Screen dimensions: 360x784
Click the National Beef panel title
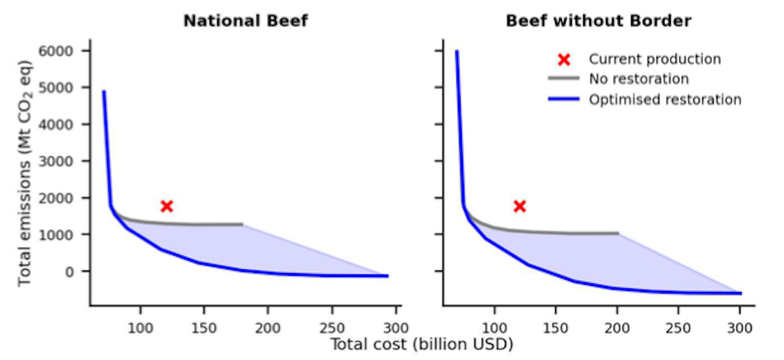tap(245, 21)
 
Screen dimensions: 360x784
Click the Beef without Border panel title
tap(598, 21)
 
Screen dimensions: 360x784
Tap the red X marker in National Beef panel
tap(167, 206)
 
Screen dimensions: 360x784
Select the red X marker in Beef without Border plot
tap(519, 206)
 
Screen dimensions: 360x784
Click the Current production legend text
tap(655, 59)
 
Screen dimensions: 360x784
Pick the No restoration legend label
tap(638, 79)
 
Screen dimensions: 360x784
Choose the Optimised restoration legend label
tap(664, 100)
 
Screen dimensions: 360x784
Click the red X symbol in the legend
tap(564, 59)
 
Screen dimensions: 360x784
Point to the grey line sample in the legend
tap(564, 79)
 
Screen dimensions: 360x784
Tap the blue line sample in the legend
tap(564, 100)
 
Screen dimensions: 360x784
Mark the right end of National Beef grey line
tap(243, 224)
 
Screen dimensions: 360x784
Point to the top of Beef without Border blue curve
tap(457, 52)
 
